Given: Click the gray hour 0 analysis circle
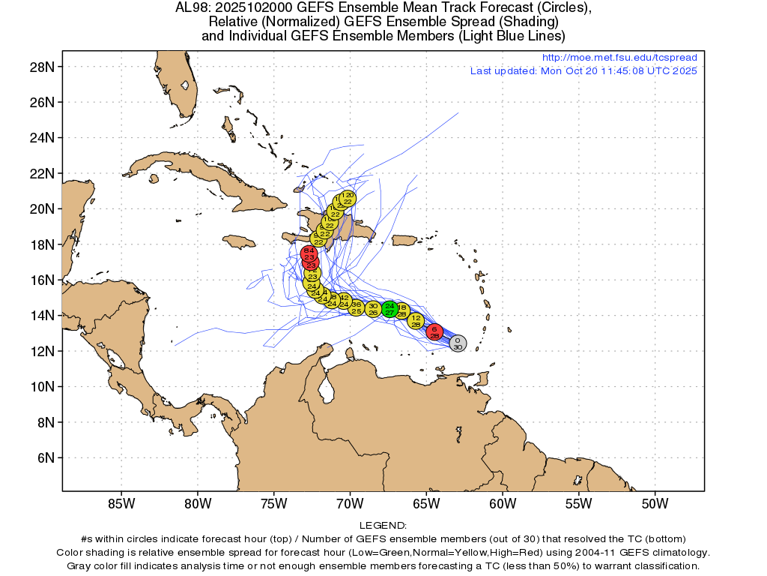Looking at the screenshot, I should pos(458,343).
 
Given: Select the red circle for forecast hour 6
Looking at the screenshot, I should pos(434,332).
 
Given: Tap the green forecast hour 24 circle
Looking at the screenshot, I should pos(389,308).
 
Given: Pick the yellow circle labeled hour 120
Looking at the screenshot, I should pos(348,198).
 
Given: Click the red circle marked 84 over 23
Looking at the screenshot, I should pos(309,253).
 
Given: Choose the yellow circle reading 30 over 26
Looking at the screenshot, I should pos(373,309).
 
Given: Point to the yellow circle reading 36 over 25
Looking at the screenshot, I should pos(357,307).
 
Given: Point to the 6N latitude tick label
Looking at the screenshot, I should pos(44,457).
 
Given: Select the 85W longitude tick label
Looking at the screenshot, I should pos(121,502).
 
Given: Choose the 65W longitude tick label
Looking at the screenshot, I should pos(425,502).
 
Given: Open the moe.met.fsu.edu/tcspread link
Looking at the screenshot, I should pos(619,58).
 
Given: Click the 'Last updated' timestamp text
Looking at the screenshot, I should pos(583,71).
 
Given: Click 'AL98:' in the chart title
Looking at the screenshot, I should pos(191,8).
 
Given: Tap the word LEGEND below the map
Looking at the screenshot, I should pos(383,526).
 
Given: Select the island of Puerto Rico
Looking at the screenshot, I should pos(404,240).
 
